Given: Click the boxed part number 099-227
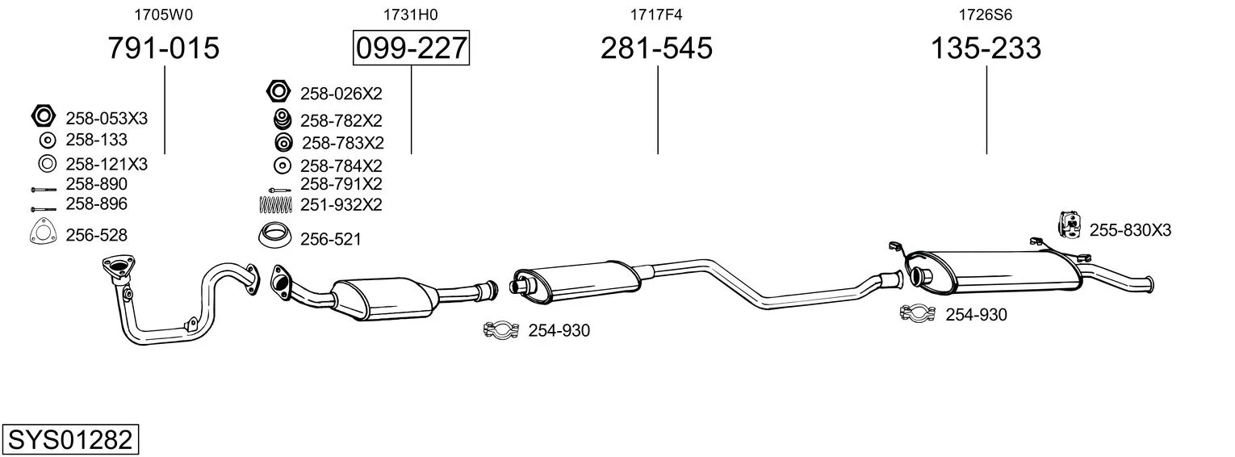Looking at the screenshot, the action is pos(411,48).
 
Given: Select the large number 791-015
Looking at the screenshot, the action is pos(164,48).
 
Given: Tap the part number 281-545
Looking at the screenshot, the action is pos(656,48).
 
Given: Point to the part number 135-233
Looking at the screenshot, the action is pos(986,48).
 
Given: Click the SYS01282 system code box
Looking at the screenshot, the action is pos(70,439).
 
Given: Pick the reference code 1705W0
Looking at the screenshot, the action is pos(164,15).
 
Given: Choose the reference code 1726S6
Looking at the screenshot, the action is pos(986,15).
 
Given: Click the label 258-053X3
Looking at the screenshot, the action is pos(107,119).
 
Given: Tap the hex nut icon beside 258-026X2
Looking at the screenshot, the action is pos(278,91).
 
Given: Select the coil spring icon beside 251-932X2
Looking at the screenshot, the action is pos(275,204).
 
